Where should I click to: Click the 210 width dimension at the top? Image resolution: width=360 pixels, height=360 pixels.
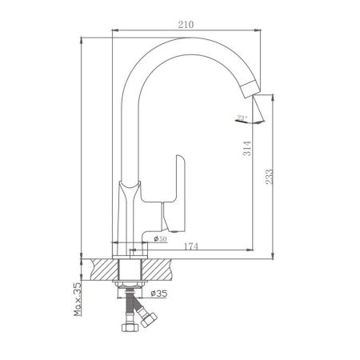click(186, 25)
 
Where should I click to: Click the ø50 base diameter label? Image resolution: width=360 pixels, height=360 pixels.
click(160, 238)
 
